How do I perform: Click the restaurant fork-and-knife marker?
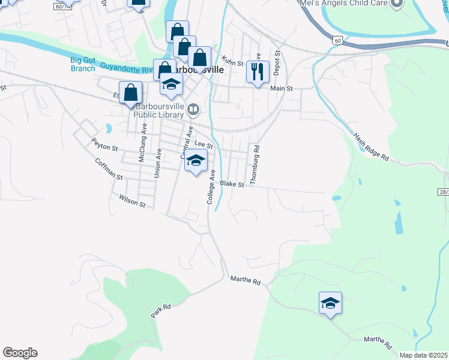point(257,72)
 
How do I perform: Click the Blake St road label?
point(232,184)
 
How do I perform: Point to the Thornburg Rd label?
point(256,164)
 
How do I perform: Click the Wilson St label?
point(132,200)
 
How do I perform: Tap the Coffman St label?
point(108,170)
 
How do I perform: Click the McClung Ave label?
point(143,142)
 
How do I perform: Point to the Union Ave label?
point(157,163)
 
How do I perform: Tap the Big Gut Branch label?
point(82,64)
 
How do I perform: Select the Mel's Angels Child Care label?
point(344,4)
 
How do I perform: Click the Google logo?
point(20,353)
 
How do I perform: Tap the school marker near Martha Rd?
point(330,304)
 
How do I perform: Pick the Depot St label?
point(277,62)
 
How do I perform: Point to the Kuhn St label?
point(232,62)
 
